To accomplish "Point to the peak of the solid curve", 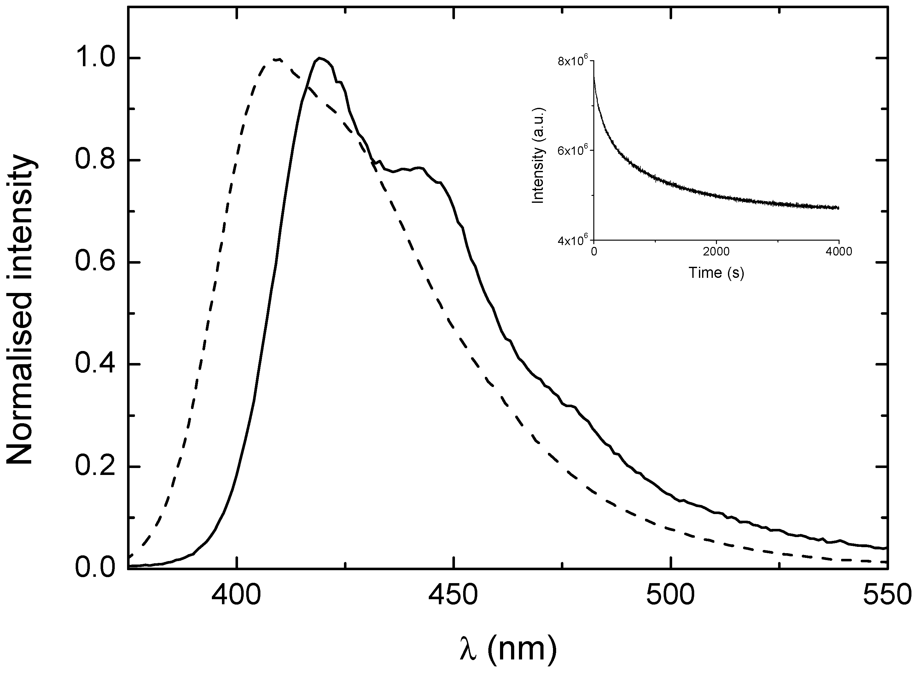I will point(320,58).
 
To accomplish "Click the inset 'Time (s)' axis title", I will point(716,272).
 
